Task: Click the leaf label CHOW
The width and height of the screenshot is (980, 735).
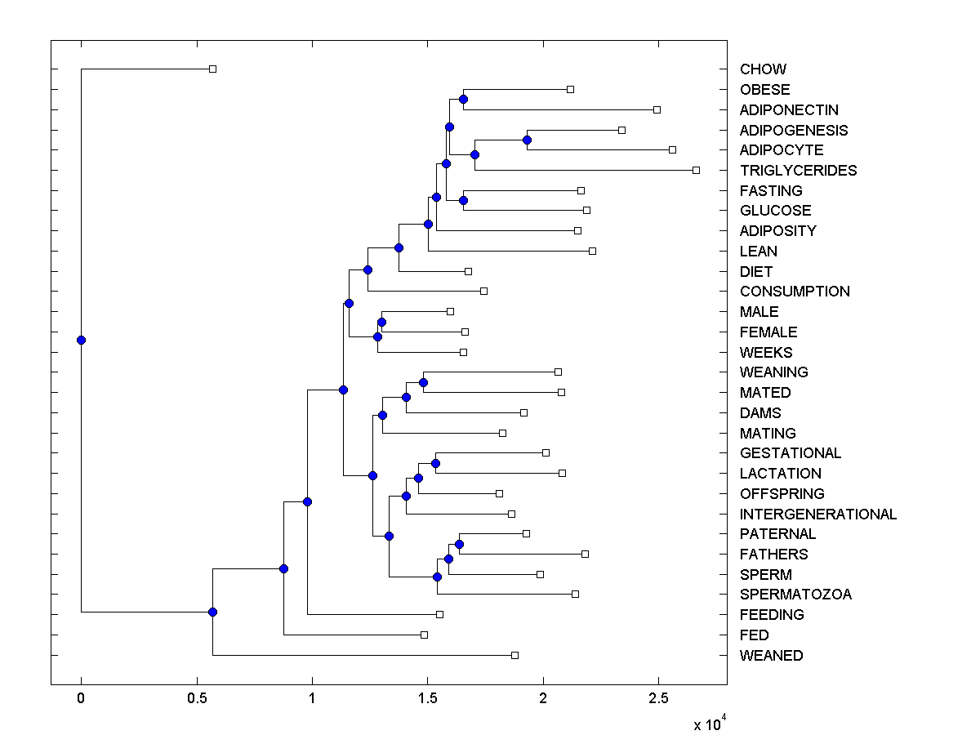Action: [x=763, y=69]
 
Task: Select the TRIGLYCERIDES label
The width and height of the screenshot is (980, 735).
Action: [x=798, y=171]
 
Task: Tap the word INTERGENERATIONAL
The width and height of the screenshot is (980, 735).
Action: [x=817, y=514]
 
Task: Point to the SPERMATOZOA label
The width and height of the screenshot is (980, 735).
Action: [x=795, y=595]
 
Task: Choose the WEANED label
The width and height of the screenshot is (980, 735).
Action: [x=771, y=656]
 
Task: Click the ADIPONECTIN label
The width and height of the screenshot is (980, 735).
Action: [x=789, y=110]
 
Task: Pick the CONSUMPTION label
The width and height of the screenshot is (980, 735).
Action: [x=795, y=292]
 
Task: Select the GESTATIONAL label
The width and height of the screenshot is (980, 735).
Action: [x=790, y=453]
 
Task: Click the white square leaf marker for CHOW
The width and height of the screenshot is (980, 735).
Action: [x=212, y=69]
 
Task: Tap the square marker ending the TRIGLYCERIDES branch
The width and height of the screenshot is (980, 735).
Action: [x=696, y=170]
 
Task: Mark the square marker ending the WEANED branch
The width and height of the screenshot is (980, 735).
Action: [x=514, y=655]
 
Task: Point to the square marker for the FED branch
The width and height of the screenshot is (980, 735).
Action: [x=424, y=635]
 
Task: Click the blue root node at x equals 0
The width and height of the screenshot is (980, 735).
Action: [x=81, y=340]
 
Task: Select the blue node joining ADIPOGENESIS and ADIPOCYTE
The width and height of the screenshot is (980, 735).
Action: [x=527, y=140]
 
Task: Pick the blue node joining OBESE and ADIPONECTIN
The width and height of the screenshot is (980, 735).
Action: [x=463, y=99]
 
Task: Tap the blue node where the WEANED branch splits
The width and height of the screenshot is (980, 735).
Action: [x=212, y=612]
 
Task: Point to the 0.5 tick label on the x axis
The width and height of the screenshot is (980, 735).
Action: [x=196, y=697]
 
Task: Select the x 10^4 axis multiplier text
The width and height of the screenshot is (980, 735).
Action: [x=708, y=724]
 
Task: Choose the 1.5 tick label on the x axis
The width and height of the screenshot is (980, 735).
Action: [x=427, y=697]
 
